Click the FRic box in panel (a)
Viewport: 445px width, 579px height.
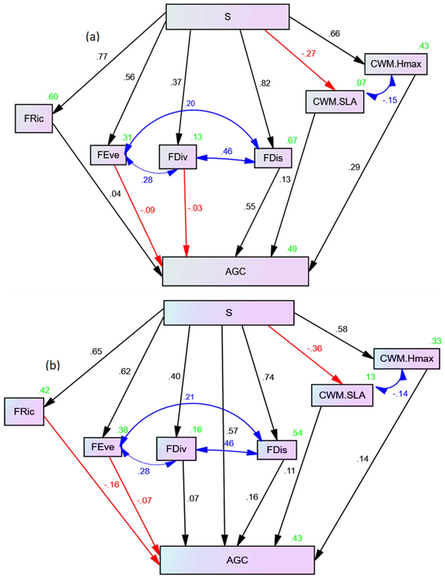(x=34, y=118)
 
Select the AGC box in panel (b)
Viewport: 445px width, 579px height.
(x=237, y=560)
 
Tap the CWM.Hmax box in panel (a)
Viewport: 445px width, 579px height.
(x=396, y=64)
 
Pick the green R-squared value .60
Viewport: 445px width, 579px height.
(x=52, y=97)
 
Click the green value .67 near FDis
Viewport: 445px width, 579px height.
(x=291, y=140)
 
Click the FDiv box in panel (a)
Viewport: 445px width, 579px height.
(x=178, y=157)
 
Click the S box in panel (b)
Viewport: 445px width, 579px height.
(x=229, y=313)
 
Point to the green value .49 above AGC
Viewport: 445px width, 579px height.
(x=291, y=249)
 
